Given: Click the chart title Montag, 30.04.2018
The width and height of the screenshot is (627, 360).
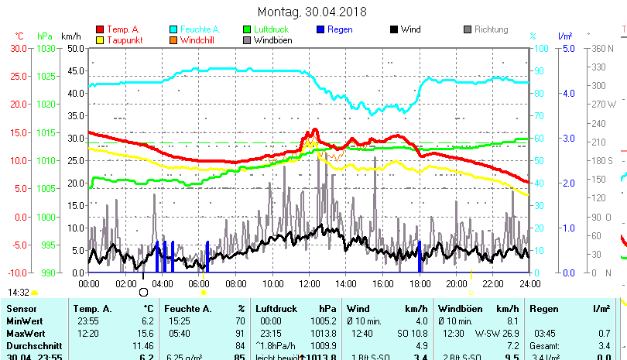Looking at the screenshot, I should (x=313, y=12).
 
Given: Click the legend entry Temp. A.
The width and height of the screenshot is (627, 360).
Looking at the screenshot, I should (x=124, y=29).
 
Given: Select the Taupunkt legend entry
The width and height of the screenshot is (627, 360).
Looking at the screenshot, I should (x=124, y=40).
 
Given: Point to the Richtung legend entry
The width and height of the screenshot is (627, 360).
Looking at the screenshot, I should (x=491, y=29).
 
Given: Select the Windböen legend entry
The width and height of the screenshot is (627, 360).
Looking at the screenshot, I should (x=272, y=40).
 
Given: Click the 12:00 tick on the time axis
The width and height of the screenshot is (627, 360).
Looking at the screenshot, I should (x=309, y=283).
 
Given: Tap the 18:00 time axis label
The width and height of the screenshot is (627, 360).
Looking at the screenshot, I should (x=420, y=283).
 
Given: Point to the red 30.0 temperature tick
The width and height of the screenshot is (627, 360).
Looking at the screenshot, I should (x=19, y=48).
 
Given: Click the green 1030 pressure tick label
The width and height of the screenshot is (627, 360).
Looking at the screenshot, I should (x=46, y=48).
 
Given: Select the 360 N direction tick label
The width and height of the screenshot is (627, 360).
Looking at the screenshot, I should (x=603, y=48).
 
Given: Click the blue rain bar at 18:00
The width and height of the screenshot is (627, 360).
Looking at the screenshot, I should (x=420, y=257).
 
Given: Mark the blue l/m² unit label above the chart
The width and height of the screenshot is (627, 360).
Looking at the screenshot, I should (x=565, y=36).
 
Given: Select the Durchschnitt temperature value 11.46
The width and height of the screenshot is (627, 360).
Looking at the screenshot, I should (x=142, y=345).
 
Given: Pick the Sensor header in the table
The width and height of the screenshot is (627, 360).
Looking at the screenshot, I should (x=21, y=309).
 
